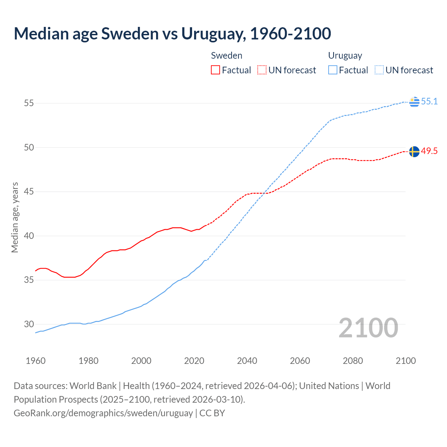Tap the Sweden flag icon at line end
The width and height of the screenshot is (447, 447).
click(414, 152)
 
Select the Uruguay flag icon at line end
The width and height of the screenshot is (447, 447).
click(414, 102)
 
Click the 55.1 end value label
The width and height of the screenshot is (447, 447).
click(429, 101)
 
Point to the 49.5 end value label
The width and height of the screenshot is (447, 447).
click(429, 151)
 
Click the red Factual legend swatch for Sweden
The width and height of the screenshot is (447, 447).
click(215, 70)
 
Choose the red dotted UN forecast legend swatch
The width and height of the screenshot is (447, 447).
click(262, 70)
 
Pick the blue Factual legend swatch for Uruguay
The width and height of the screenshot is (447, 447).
click(333, 70)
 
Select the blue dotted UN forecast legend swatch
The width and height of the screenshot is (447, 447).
click(379, 70)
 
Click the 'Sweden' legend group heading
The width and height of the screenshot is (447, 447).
click(226, 56)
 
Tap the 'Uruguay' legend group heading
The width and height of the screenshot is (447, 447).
click(345, 56)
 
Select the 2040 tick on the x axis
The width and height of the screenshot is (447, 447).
click(247, 361)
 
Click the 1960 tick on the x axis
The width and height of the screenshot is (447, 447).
click(36, 361)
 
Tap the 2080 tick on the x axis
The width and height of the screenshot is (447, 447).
click(353, 361)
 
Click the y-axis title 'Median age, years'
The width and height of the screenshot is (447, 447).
click(15, 217)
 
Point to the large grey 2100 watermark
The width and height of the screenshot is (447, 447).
click(368, 328)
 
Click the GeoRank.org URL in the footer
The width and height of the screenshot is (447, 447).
click(103, 413)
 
